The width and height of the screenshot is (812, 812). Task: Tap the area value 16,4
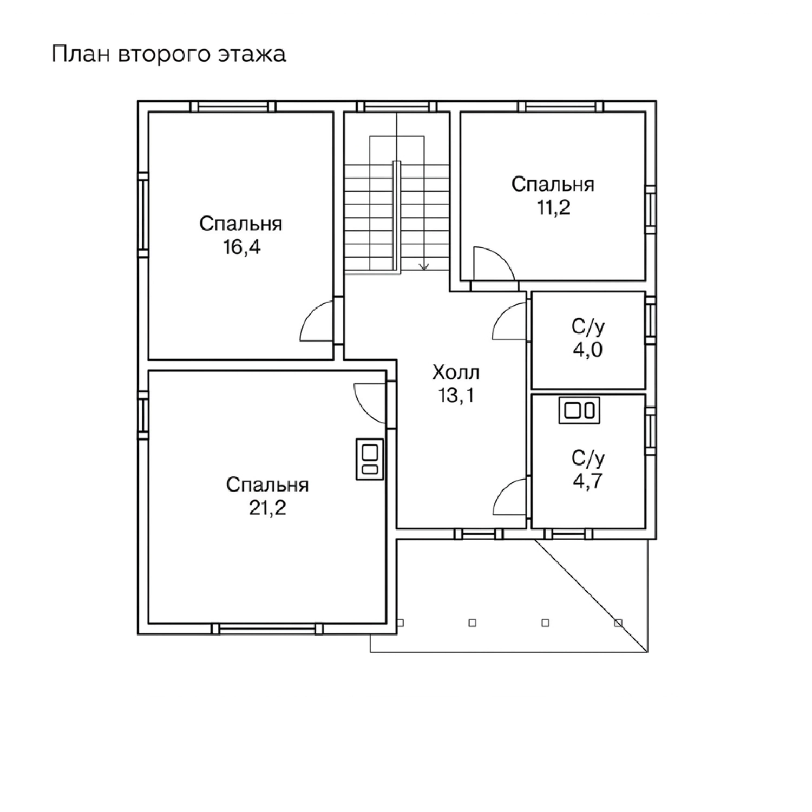[x=241, y=247]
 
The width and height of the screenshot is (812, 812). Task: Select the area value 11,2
[x=553, y=207]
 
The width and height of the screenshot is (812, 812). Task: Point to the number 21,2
[x=267, y=508]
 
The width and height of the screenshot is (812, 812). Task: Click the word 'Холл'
[x=456, y=372]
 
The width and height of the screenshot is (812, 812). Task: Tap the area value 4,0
[x=588, y=350]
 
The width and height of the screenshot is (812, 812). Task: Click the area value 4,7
[x=588, y=481]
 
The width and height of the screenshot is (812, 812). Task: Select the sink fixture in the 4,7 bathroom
[x=579, y=410]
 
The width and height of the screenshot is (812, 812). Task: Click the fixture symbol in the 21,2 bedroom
[x=369, y=459]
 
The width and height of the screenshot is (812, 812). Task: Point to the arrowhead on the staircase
[x=424, y=266]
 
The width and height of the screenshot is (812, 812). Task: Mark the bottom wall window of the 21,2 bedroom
[x=267, y=628]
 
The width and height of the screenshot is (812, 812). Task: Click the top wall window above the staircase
[x=397, y=106]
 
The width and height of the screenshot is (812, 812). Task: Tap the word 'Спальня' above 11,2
[x=553, y=185]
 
